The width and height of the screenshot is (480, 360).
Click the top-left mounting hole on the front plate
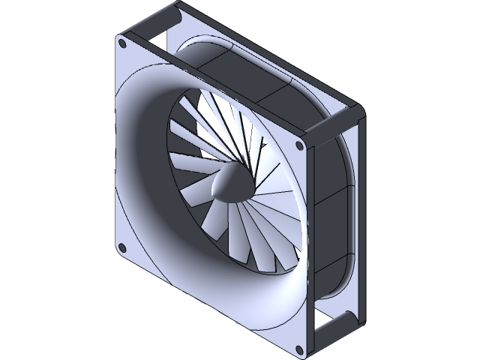coord(125,46)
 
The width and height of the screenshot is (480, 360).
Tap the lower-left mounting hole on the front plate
coord(122,247)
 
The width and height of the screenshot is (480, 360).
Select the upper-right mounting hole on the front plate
coord(301,145)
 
